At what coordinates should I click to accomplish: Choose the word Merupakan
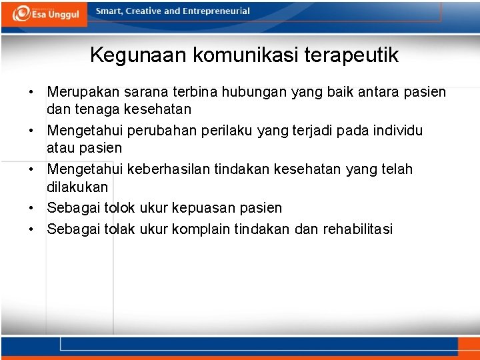pyautogui.click(x=81, y=91)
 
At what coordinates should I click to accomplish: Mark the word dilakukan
pyautogui.click(x=77, y=187)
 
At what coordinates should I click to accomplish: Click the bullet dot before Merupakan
pyautogui.click(x=31, y=92)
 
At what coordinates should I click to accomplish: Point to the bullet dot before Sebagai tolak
pyautogui.click(x=31, y=230)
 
